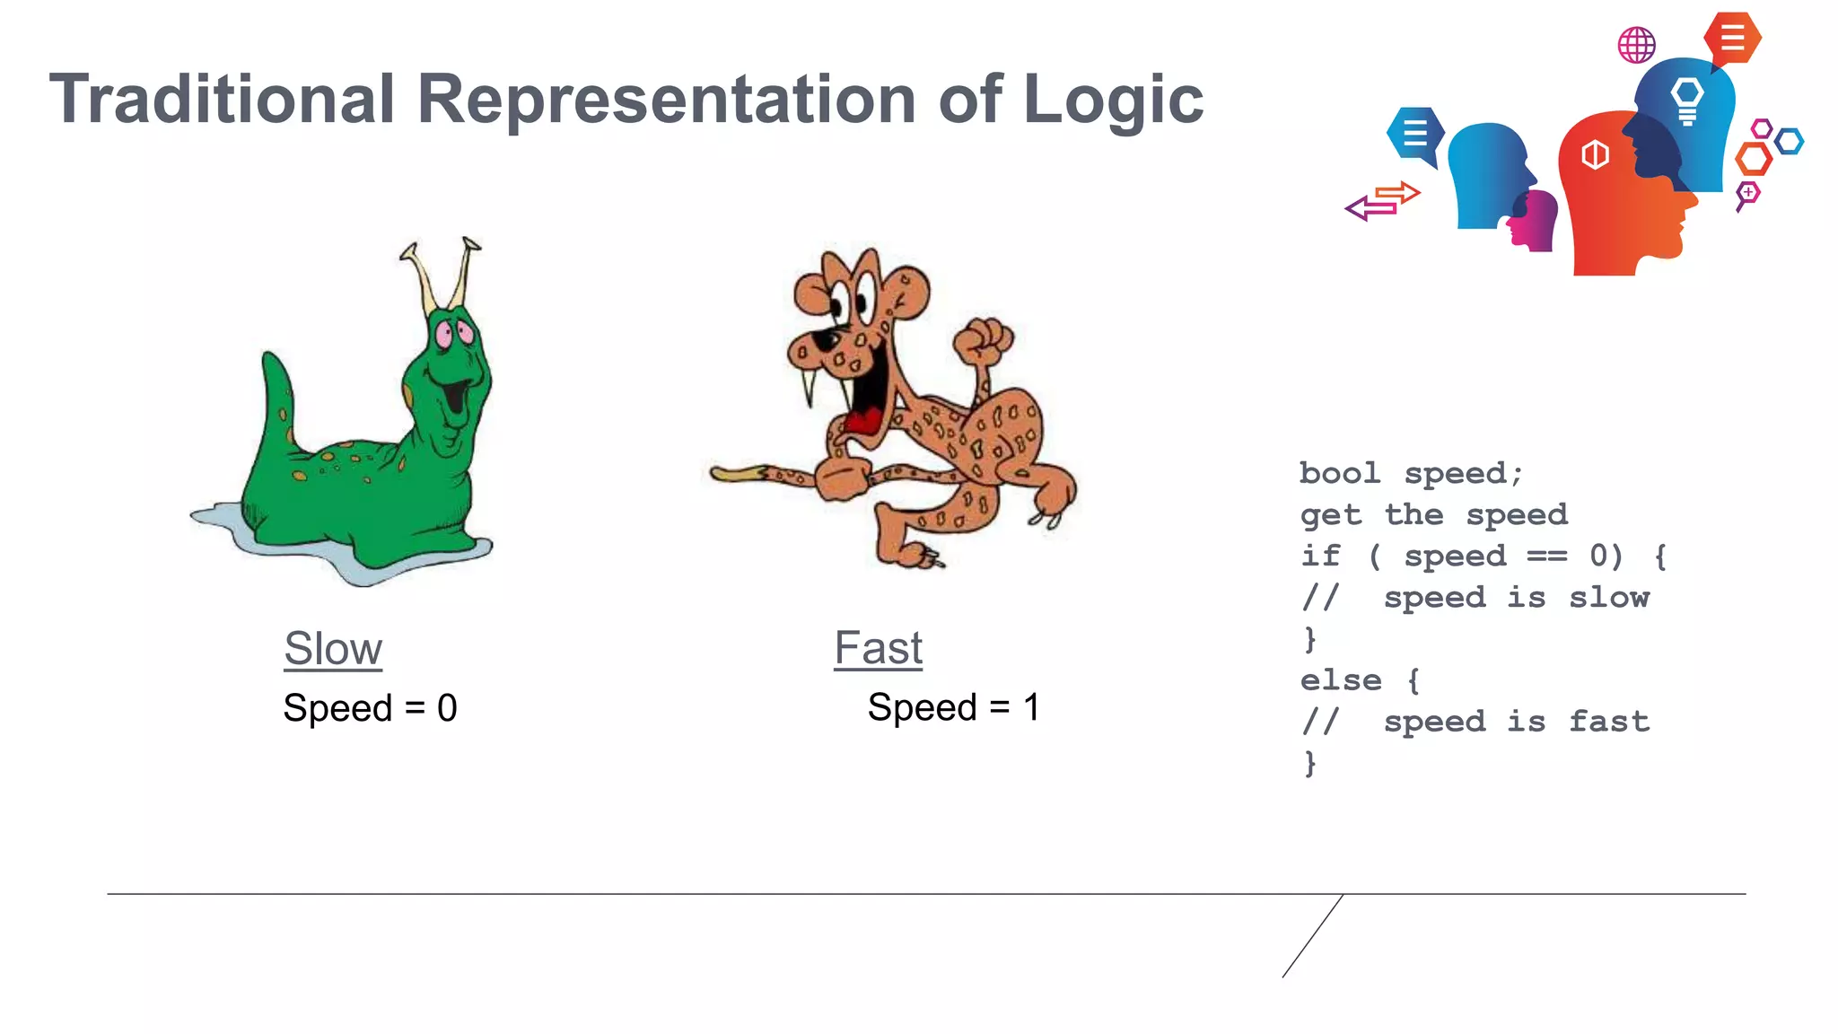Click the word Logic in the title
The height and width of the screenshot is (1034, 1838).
1113,100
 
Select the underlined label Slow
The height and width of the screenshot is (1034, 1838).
333,648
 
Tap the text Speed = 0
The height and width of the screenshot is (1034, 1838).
370,708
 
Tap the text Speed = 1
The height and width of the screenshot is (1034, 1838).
953,707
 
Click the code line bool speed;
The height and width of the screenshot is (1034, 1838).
1410,473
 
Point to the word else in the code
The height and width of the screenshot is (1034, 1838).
1340,679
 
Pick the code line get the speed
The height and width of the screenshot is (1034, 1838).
1433,514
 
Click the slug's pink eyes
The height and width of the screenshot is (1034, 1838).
453,334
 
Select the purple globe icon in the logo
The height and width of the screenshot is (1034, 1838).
1636,44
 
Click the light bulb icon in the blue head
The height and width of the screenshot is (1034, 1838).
1687,99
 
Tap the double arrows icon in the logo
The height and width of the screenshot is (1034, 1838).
1383,201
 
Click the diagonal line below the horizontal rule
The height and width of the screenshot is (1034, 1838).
1313,935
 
